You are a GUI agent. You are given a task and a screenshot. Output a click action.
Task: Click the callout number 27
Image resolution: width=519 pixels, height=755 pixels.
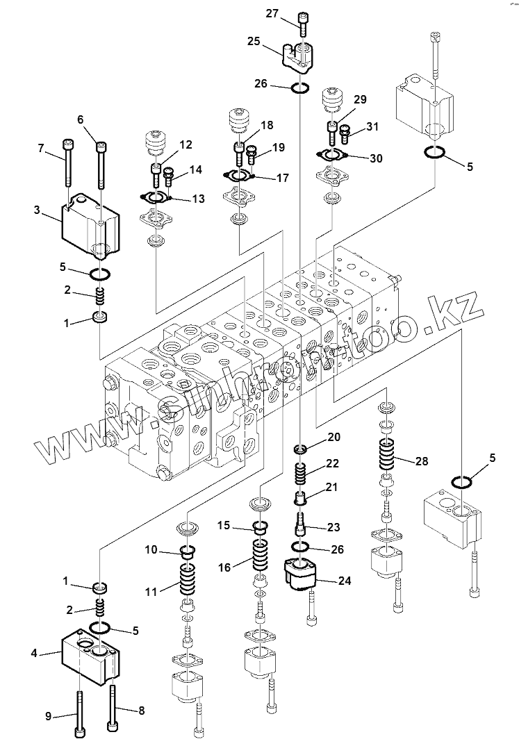[x=272, y=13]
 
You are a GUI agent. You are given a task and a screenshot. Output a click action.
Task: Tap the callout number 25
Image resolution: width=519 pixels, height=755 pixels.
[x=254, y=42]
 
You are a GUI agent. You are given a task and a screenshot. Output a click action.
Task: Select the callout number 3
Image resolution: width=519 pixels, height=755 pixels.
[x=37, y=210]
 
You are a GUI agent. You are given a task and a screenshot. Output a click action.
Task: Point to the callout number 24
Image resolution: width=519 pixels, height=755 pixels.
[x=345, y=581]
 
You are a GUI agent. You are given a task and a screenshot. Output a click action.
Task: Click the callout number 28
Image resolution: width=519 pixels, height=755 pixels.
[x=422, y=461]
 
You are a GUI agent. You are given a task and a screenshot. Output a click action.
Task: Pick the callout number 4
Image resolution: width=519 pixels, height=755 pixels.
[x=34, y=654]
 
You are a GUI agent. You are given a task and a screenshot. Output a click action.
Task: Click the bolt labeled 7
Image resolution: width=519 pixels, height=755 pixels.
[x=67, y=163]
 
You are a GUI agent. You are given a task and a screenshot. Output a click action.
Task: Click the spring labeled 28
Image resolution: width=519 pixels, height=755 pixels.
[x=388, y=455]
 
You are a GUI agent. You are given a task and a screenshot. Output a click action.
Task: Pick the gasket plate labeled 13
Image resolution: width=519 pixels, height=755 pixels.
[x=154, y=197]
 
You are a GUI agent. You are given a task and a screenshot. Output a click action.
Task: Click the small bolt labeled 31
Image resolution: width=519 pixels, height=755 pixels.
[x=345, y=133]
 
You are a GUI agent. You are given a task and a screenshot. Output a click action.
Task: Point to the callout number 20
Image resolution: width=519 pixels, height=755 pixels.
[x=333, y=437]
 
